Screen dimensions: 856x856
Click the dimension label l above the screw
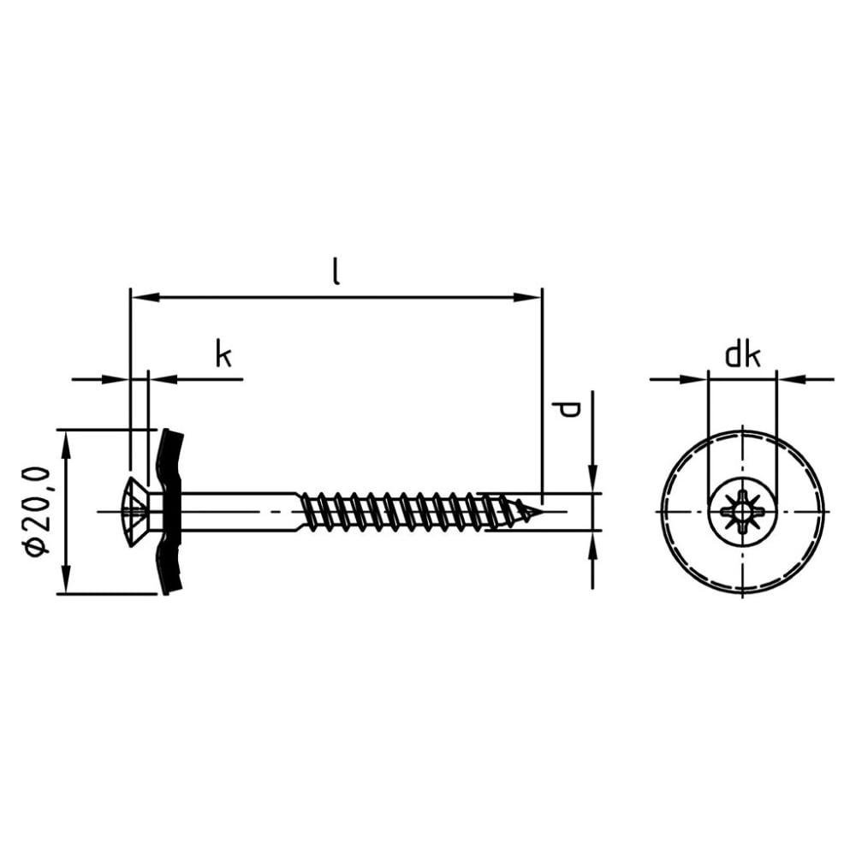pos(336,272)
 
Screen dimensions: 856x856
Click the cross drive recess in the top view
pos(742,512)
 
